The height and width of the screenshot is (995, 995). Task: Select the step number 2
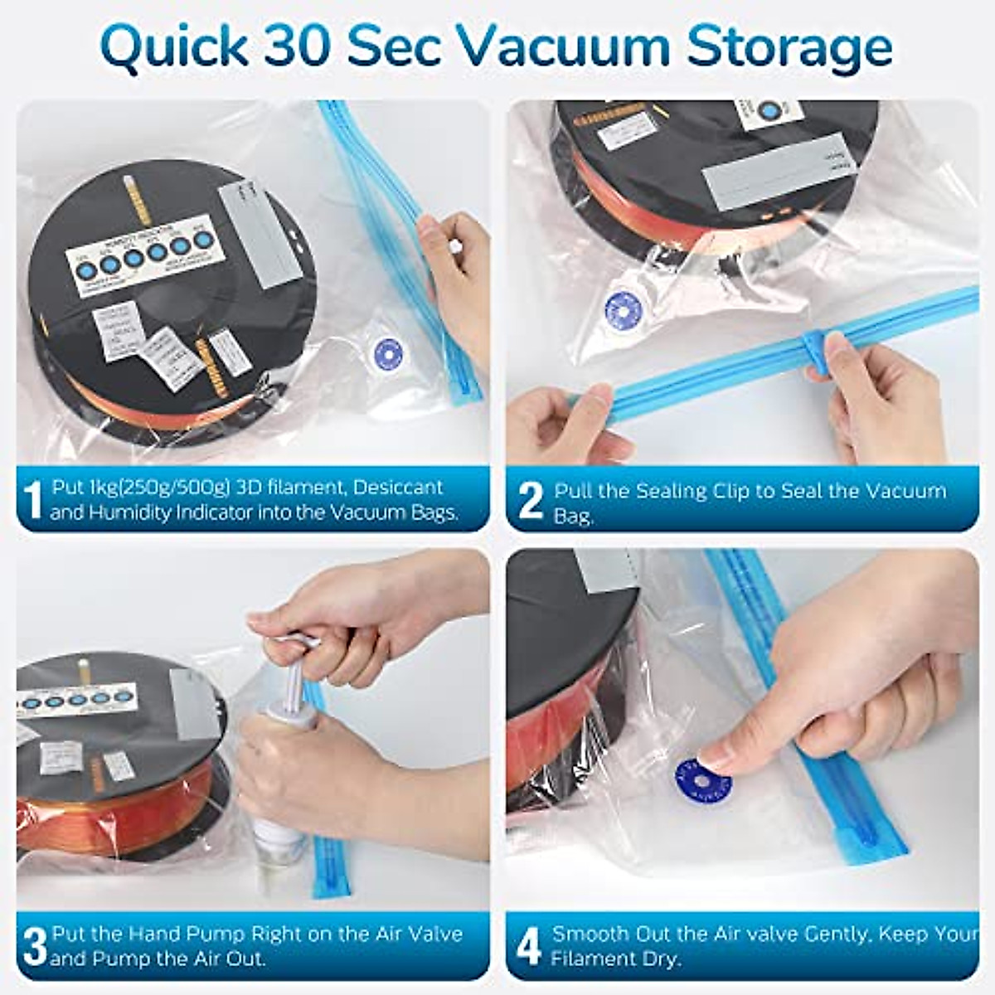[x=530, y=501]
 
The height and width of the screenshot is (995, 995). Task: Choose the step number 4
[x=529, y=946]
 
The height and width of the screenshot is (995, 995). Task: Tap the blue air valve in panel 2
[x=623, y=310]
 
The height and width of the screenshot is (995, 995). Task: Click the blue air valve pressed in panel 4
[x=702, y=780]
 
